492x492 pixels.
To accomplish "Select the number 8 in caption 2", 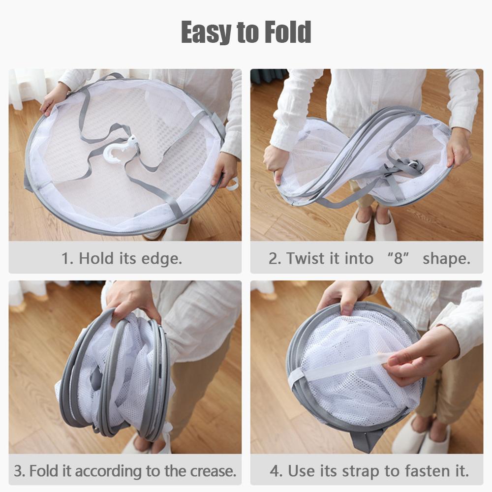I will (x=398, y=258).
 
